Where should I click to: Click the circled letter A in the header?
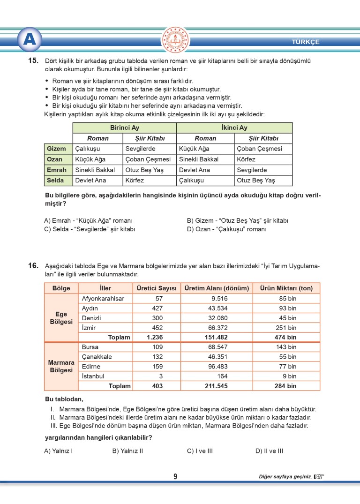(x=30, y=40)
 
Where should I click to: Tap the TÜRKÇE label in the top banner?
(x=305, y=42)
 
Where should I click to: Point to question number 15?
(x=33, y=61)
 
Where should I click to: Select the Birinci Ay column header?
(x=124, y=128)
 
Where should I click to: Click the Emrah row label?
(x=57, y=170)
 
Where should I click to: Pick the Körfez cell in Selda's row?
(x=135, y=180)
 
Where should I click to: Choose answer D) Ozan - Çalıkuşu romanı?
(x=226, y=229)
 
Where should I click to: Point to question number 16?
(x=33, y=266)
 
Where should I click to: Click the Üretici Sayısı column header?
(x=156, y=288)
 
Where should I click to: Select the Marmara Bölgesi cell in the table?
(x=61, y=366)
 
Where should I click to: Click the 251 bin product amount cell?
(x=285, y=328)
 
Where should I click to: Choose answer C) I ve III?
(x=200, y=451)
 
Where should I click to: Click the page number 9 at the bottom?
(x=175, y=477)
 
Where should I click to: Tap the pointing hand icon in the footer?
(x=319, y=477)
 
